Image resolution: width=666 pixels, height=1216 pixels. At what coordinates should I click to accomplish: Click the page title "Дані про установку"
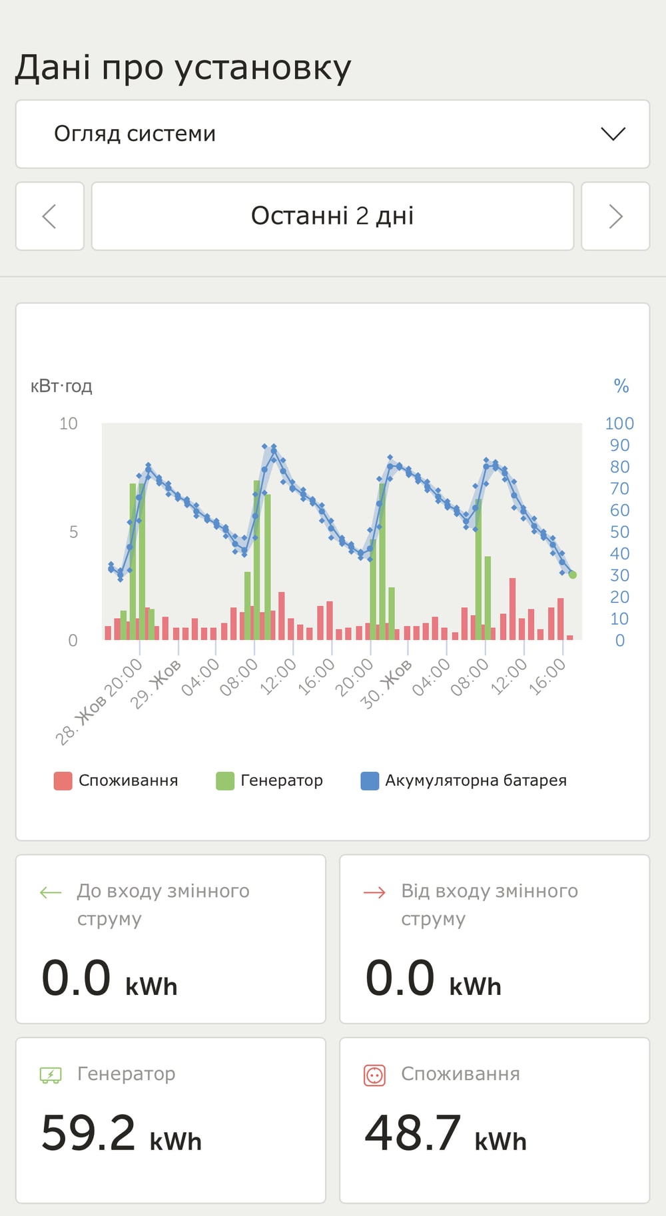click(183, 68)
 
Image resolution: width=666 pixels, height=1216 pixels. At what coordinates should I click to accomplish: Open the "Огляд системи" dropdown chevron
click(613, 134)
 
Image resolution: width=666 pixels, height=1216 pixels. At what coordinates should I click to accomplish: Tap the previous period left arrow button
click(50, 216)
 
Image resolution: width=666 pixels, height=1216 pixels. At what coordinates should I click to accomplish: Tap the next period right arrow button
click(615, 216)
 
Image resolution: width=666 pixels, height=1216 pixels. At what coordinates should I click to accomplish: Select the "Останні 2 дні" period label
click(332, 216)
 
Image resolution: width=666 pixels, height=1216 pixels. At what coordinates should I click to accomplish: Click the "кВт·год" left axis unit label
click(61, 386)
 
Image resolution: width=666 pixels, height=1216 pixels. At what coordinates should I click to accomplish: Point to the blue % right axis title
click(621, 386)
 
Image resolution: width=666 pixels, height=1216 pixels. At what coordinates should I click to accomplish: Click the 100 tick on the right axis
click(619, 424)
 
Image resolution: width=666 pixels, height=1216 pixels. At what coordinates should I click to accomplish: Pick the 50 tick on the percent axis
click(619, 532)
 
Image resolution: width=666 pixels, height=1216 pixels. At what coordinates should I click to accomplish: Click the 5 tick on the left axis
click(73, 532)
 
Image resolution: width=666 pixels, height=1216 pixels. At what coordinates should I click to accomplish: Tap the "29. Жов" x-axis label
click(155, 684)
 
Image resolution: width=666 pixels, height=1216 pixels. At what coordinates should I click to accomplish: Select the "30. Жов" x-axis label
click(386, 684)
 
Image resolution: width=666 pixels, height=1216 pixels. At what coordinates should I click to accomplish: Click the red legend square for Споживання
click(63, 780)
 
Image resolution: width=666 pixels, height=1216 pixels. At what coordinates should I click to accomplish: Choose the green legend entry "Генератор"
click(269, 780)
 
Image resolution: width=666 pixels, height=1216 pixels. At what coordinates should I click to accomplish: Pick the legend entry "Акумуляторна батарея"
click(464, 780)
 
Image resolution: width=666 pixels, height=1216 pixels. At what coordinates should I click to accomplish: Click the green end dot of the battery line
click(573, 575)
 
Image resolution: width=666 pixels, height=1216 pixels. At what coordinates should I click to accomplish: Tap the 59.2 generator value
click(89, 1133)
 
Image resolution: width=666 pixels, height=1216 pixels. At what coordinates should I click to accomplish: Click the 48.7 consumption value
click(413, 1133)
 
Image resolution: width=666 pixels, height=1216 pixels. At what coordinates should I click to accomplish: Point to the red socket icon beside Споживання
click(374, 1075)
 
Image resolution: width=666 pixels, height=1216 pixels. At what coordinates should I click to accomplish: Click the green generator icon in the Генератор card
click(51, 1075)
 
